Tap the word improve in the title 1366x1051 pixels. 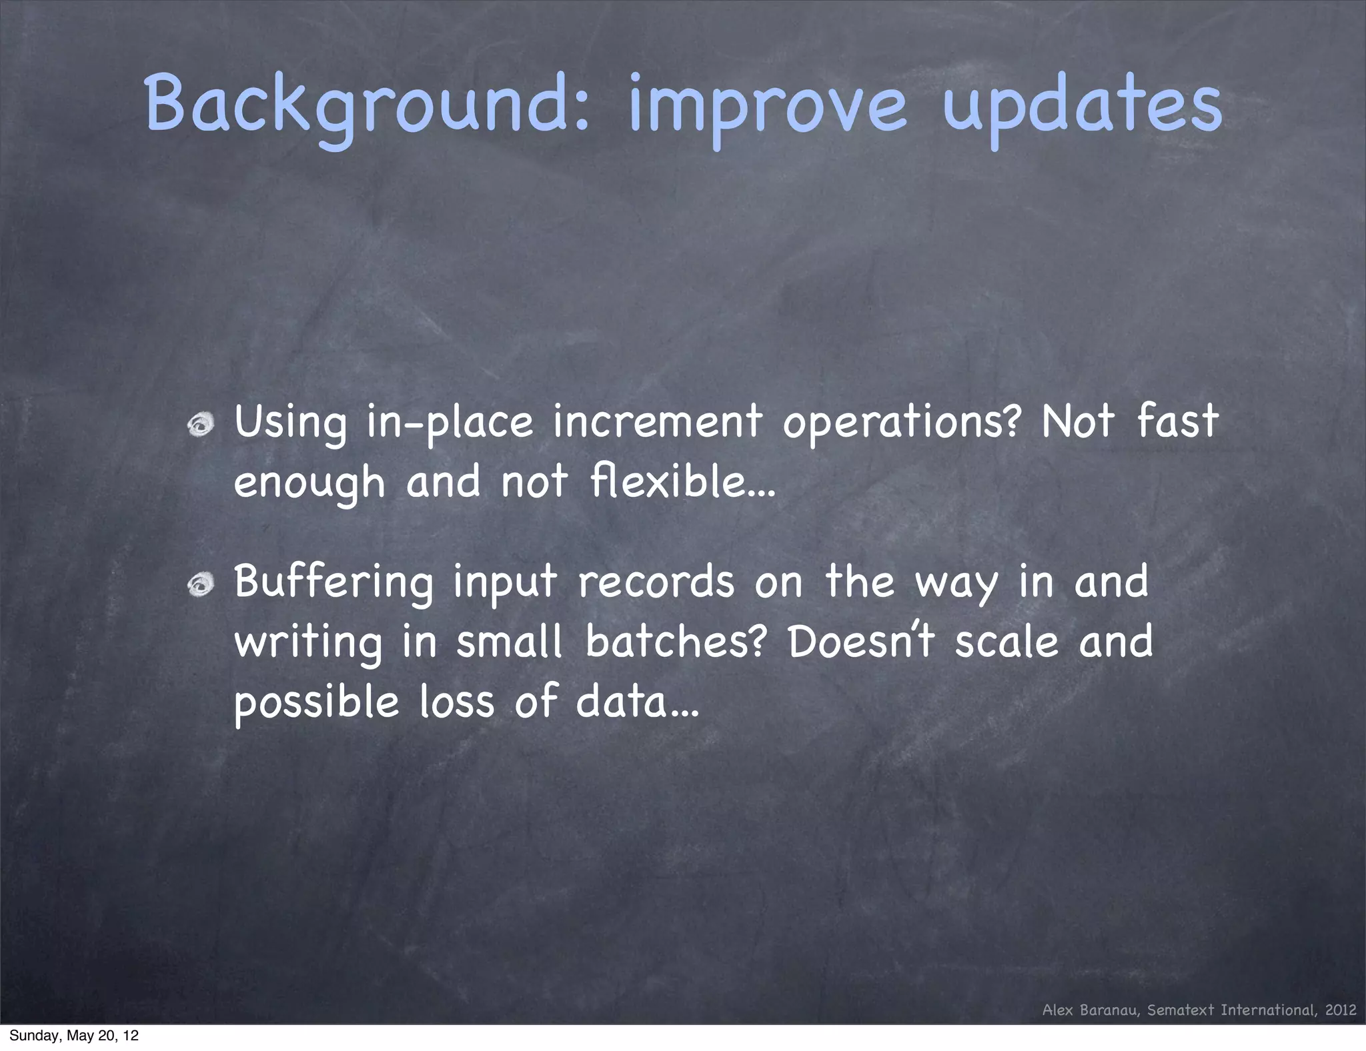[767, 107]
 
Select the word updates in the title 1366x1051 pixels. [1082, 107]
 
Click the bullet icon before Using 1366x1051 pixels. [200, 425]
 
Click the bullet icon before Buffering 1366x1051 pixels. [200, 585]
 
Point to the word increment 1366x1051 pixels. [657, 423]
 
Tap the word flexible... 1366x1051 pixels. [682, 481]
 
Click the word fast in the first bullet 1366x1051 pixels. [1177, 421]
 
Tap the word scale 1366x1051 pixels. [1006, 642]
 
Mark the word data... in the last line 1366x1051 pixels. [637, 702]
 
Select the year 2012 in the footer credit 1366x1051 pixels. [1341, 1010]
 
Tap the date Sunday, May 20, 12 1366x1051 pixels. [74, 1036]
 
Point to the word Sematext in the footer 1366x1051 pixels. [1181, 1010]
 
